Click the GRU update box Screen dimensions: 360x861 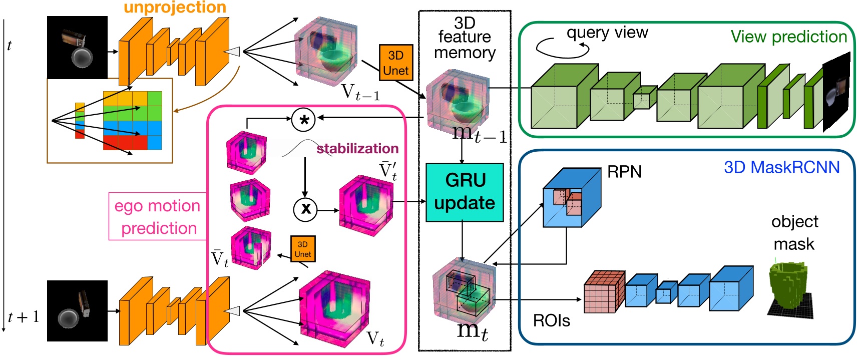(464, 192)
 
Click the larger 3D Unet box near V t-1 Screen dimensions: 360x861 (395, 63)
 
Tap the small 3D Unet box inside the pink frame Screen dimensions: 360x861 (302, 249)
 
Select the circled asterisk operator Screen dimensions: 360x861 (303, 119)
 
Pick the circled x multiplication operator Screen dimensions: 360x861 (305, 209)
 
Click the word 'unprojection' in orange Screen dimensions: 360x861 (175, 7)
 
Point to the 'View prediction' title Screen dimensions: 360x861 (788, 37)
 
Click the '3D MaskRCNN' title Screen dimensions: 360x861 (781, 167)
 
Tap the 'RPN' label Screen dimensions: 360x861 (624, 172)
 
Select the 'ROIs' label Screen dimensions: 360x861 (551, 320)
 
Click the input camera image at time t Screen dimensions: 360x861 (77, 47)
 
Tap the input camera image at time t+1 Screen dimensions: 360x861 (77, 311)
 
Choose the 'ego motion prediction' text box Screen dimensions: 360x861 (158, 217)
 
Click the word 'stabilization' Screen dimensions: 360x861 (357, 148)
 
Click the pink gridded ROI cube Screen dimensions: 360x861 (604, 292)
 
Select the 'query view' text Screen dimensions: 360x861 (607, 33)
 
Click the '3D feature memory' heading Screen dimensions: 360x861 (465, 38)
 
